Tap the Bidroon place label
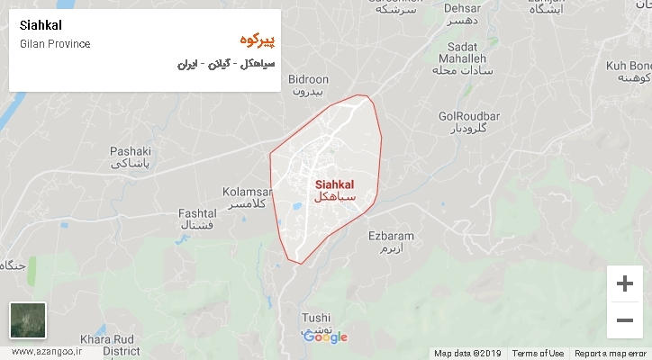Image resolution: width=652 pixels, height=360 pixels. pos(309,79)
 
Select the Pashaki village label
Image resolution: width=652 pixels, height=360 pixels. pos(130,150)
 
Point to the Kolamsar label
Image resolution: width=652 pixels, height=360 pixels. pos(247,192)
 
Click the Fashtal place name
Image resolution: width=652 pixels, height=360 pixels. pos(197,212)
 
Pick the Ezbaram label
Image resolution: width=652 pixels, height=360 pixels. pos(391,236)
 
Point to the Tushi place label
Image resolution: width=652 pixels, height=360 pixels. pos(316,318)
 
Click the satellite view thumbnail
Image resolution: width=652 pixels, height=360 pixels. pos(27,320)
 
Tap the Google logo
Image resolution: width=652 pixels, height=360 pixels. pos(325,337)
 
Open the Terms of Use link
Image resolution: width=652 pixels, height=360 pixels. pos(539,353)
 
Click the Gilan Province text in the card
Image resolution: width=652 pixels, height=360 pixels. pos(54,44)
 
